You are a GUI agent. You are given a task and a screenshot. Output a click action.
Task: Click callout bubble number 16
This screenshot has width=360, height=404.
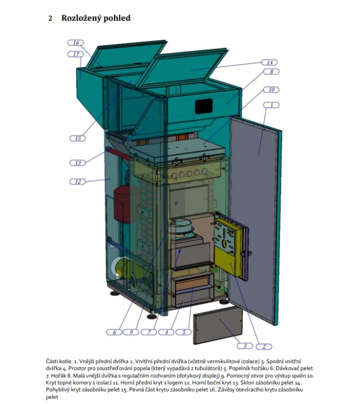click(76, 43)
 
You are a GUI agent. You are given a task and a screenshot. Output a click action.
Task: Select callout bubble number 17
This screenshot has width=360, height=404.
click(76, 55)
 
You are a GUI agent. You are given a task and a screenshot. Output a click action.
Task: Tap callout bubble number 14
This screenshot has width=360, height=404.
click(270, 62)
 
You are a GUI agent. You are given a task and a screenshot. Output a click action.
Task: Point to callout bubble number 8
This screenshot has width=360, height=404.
click(271, 71)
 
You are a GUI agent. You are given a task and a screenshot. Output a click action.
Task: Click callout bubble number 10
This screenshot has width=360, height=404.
click(271, 89)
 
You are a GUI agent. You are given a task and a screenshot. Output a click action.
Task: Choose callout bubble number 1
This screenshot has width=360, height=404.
click(271, 105)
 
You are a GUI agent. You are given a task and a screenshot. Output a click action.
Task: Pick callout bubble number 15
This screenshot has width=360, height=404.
click(77, 138)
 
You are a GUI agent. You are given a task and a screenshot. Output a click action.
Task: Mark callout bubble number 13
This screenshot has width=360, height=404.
click(77, 163)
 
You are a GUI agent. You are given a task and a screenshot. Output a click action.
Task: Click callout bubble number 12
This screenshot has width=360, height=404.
click(77, 182)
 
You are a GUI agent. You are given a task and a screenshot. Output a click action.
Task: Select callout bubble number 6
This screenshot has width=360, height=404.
click(114, 332)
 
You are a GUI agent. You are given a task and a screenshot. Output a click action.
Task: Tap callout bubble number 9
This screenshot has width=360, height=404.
click(131, 332)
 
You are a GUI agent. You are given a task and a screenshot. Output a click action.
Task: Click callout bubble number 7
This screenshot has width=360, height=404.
click(149, 332)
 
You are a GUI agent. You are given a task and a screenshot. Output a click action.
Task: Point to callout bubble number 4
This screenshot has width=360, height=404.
click(166, 332)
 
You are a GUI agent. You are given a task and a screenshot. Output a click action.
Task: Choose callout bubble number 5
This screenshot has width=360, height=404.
click(184, 332)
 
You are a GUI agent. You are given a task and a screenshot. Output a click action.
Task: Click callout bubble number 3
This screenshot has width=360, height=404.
click(245, 346)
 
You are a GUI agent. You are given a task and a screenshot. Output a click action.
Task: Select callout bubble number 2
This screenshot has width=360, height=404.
click(264, 347)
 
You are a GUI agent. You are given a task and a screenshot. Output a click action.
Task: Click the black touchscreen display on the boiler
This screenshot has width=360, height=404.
click(204, 106)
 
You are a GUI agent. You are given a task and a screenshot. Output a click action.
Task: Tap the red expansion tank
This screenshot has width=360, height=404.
click(122, 204)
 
